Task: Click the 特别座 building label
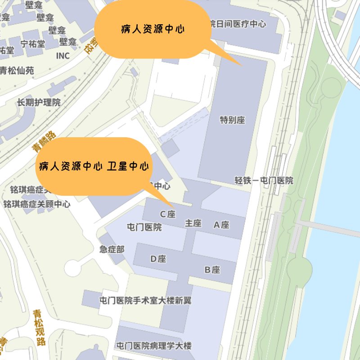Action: (232, 120)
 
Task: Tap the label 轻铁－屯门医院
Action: (264, 180)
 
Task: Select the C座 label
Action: (168, 214)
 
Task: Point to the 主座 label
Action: (193, 223)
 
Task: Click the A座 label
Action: (221, 225)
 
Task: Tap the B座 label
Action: (212, 270)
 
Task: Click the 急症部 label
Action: (112, 249)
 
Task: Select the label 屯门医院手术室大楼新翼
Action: (145, 301)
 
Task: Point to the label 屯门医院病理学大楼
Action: (154, 346)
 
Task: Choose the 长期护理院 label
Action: (39, 103)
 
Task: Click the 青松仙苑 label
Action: (17, 71)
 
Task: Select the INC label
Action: (63, 56)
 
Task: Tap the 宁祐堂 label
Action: (33, 44)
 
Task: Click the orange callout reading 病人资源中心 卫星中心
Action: (94, 166)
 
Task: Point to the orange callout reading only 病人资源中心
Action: (153, 30)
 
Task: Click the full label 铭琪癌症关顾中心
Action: (37, 204)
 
